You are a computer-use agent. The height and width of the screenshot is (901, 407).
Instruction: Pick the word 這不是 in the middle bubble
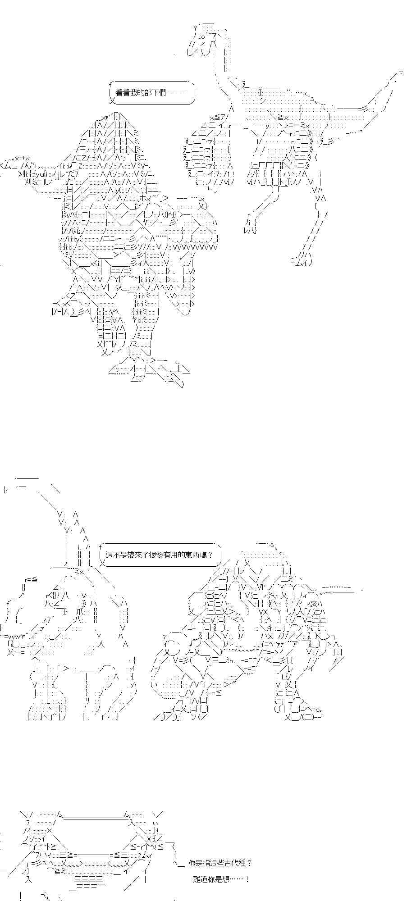(x=116, y=555)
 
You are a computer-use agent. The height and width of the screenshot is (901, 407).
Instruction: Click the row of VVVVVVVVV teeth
(x=195, y=247)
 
